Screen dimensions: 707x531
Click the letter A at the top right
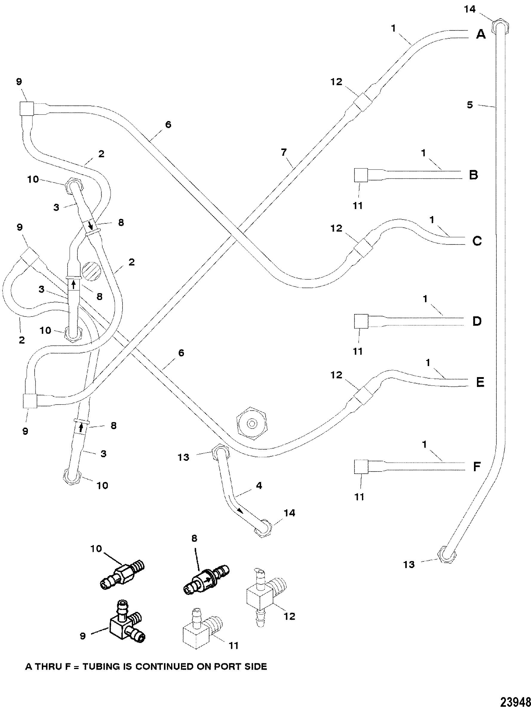click(x=481, y=34)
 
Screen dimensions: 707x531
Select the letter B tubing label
click(x=473, y=175)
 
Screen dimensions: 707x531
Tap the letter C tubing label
click(x=477, y=241)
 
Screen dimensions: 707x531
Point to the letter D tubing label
click(x=477, y=321)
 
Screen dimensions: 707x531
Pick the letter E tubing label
click(x=480, y=382)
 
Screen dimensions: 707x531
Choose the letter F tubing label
click(x=477, y=467)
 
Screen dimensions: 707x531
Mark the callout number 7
click(x=284, y=153)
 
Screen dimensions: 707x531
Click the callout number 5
click(x=470, y=105)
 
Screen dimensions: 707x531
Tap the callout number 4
click(x=259, y=486)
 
